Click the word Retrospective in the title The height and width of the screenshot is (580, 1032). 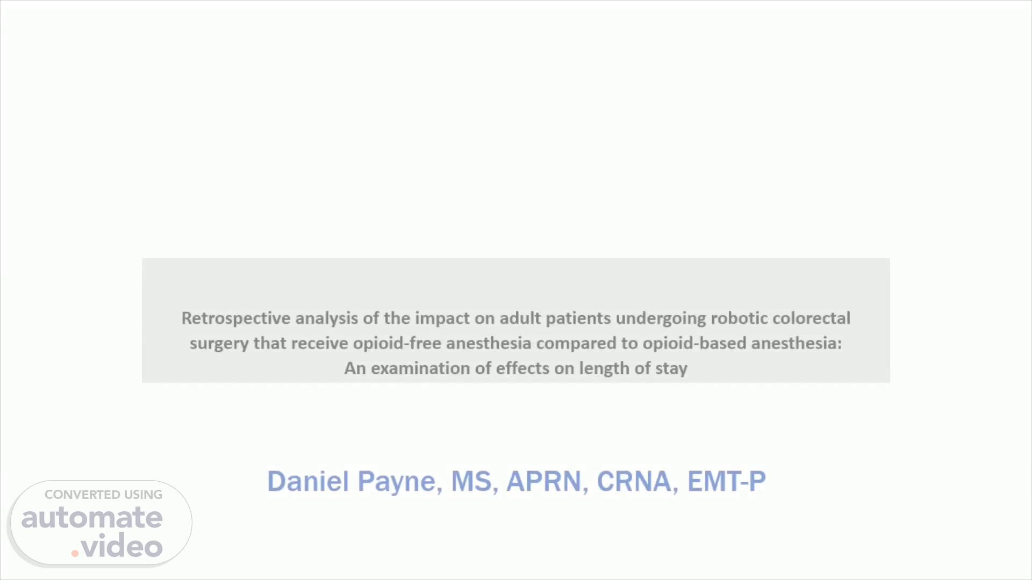tap(236, 318)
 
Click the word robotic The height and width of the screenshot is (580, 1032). tap(739, 318)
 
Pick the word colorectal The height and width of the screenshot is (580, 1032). tap(812, 318)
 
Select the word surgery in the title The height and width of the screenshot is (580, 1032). tap(219, 344)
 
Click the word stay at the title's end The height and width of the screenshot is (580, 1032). tap(671, 369)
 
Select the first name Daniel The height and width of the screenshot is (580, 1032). tap(309, 481)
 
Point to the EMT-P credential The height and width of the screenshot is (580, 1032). tap(726, 481)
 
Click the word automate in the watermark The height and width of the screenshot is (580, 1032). tap(92, 518)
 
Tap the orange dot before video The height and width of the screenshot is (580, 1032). tap(75, 553)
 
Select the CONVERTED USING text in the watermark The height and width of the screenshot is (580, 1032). tap(103, 495)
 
